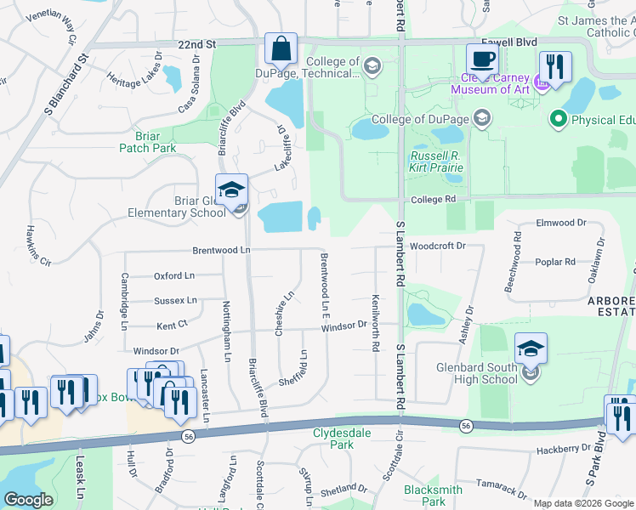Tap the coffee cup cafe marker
[482, 60]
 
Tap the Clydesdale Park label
[332, 438]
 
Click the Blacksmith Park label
[433, 496]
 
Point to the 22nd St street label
[199, 43]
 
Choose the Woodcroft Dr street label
[439, 246]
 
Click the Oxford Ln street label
[174, 275]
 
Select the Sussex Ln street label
[175, 300]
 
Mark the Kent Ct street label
[171, 326]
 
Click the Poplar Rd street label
[555, 262]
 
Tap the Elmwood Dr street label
[561, 223]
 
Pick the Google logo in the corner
[28, 500]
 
